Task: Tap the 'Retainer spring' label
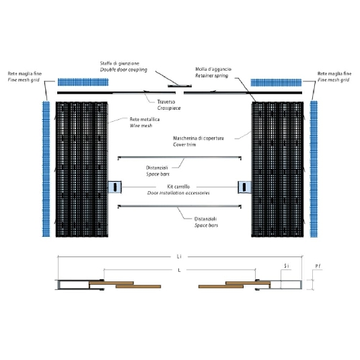coord(211,77)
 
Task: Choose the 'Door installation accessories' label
coord(178,192)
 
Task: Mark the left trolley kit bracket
coord(116,186)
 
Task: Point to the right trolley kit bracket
coord(244,186)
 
